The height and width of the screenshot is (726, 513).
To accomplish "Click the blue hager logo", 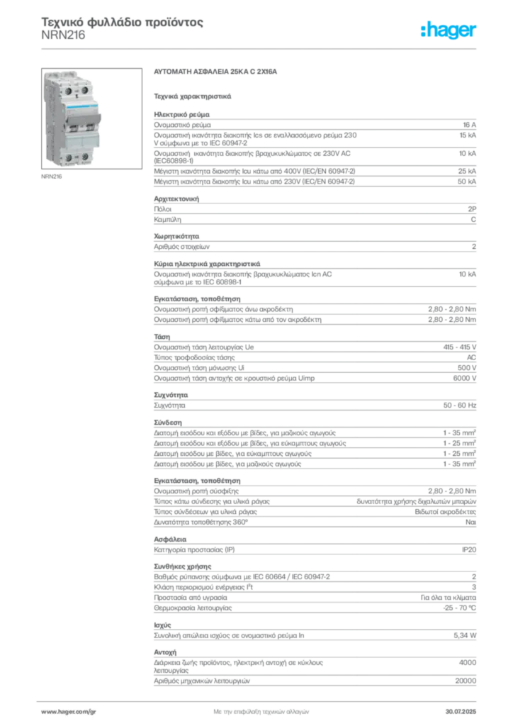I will [450, 30].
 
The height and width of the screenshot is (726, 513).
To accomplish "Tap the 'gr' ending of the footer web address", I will [92, 710].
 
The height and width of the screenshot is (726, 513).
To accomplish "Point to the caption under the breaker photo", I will [50, 174].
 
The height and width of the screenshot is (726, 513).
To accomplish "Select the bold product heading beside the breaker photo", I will [218, 73].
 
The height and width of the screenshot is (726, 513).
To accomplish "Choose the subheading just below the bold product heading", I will [193, 95].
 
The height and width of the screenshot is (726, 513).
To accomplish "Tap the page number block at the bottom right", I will [464, 709].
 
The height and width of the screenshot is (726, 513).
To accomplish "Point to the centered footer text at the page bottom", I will [262, 709].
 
